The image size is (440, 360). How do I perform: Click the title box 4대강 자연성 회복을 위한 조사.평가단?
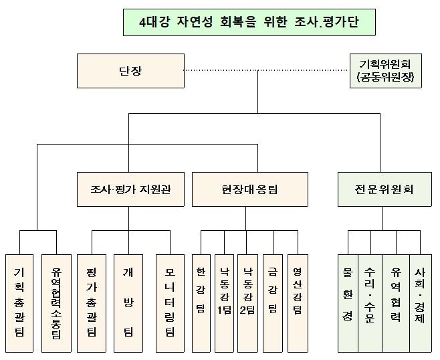[x=249, y=22]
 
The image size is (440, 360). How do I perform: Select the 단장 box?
[x=131, y=71]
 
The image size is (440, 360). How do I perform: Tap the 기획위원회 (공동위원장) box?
[x=386, y=71]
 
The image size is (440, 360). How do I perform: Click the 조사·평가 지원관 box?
[x=131, y=189]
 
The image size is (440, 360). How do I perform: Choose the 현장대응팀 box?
[x=250, y=189]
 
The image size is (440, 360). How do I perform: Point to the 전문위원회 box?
[x=384, y=189]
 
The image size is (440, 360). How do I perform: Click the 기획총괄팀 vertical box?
[x=19, y=303]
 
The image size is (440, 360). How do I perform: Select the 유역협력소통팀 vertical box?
[x=56, y=303]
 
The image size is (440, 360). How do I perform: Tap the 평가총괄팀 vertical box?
[x=92, y=303]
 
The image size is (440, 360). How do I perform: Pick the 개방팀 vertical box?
[x=128, y=303]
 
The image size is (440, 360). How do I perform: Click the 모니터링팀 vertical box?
[x=170, y=303]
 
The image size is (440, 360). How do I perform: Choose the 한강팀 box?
[x=201, y=303]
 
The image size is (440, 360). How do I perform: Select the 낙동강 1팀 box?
[x=224, y=303]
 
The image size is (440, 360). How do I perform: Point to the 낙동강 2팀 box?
[x=247, y=303]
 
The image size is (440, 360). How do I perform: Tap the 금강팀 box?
[x=273, y=303]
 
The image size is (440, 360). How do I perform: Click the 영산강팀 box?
[x=298, y=303]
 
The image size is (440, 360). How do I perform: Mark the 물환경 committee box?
[x=348, y=303]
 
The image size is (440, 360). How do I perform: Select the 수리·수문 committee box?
[x=370, y=303]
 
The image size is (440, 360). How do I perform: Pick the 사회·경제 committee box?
[x=421, y=303]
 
